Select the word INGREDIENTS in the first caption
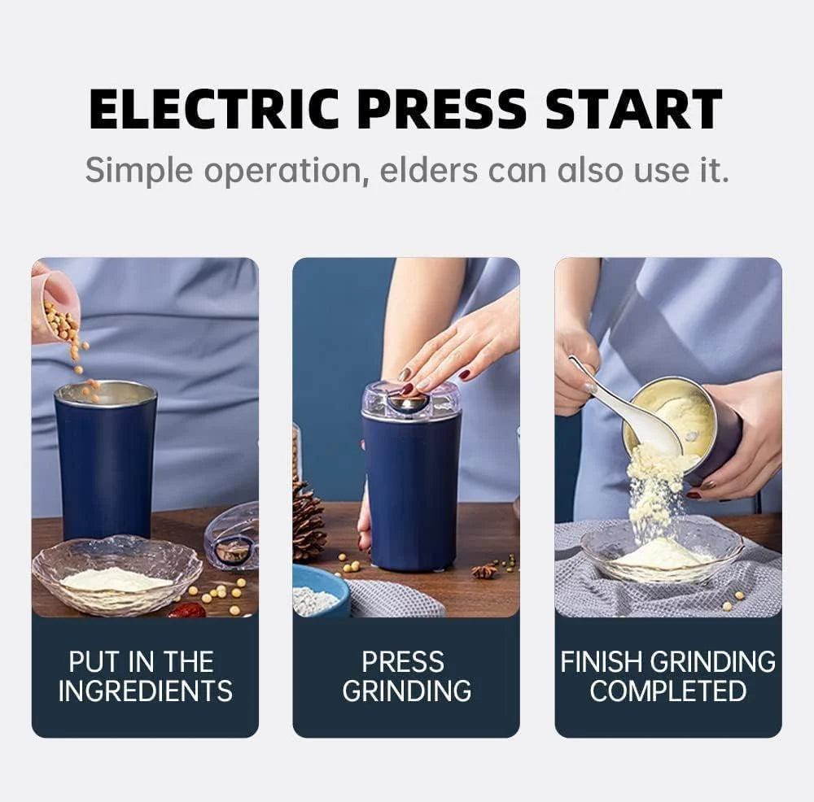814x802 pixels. [145, 691]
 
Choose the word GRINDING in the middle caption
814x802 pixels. [405, 691]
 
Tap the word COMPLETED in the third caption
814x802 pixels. [667, 691]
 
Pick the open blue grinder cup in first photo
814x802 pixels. [106, 460]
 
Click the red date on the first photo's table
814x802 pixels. [188, 608]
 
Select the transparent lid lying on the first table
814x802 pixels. [232, 538]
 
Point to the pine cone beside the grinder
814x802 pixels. [309, 521]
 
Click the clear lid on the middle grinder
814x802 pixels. [411, 401]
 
